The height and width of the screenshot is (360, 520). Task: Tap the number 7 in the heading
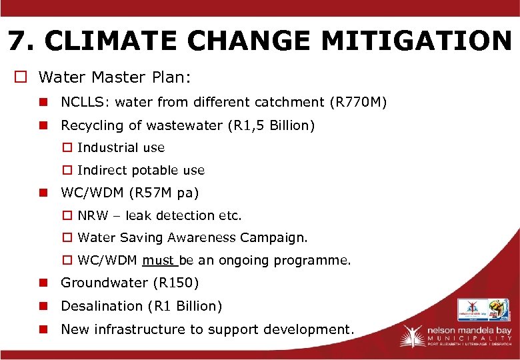point(18,41)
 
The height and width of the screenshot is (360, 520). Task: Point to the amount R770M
point(358,102)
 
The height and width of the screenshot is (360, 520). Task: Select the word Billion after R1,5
point(289,125)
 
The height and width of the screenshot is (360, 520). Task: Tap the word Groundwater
point(105,283)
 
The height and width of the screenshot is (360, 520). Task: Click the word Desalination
point(102,306)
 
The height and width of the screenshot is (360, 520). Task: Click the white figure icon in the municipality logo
point(411,335)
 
